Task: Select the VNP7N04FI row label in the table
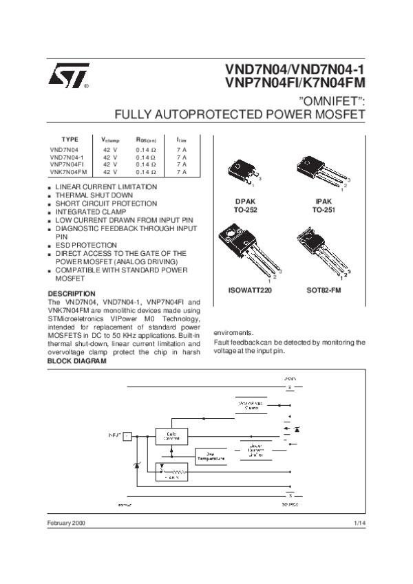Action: click(x=67, y=164)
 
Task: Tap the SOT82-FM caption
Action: click(x=323, y=291)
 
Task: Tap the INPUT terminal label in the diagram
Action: click(x=114, y=435)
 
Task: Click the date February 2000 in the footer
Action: click(x=67, y=523)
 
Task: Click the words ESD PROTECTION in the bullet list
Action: click(x=86, y=245)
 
